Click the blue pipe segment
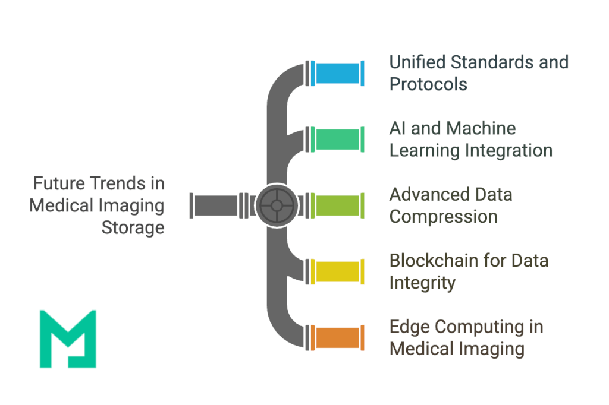tap(337, 73)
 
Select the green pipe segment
tap(337, 139)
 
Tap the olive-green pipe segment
tap(337, 205)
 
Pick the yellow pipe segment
tap(337, 271)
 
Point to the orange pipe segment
tap(337, 337)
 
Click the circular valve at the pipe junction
tap(277, 205)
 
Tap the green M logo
tap(68, 338)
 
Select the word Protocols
tap(428, 84)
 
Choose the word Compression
tap(443, 217)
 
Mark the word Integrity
tap(422, 283)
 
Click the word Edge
tap(409, 327)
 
